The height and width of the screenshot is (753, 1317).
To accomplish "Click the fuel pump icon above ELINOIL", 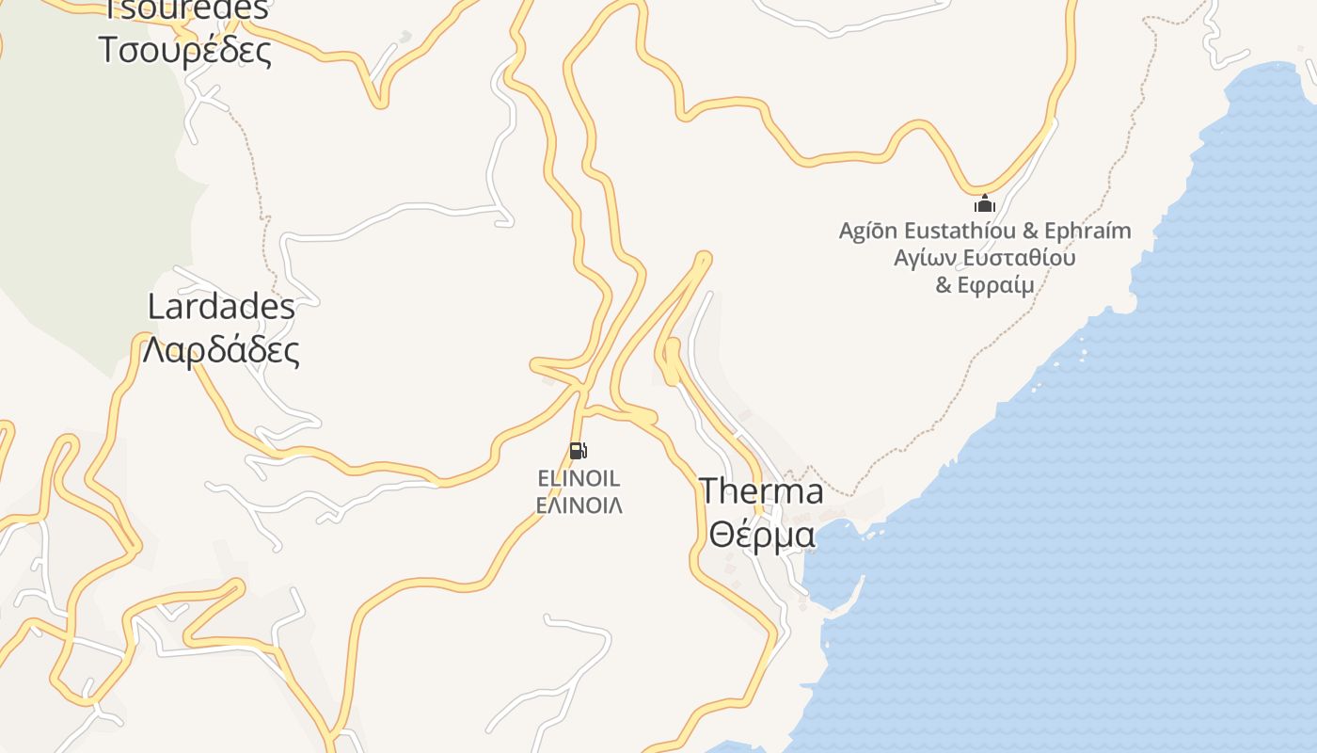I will [579, 451].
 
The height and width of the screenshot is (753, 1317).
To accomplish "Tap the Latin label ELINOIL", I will [579, 478].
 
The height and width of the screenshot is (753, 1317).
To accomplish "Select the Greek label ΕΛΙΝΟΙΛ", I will [579, 505].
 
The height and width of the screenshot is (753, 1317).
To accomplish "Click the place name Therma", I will [761, 490].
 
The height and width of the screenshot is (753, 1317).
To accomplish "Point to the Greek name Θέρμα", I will [762, 535].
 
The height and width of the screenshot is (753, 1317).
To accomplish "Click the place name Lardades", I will [221, 306].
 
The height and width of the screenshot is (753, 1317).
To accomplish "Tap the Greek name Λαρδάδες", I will [221, 350].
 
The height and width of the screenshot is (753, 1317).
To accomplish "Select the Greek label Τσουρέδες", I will [185, 50].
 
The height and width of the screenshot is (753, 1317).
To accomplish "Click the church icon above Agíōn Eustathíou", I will [984, 202].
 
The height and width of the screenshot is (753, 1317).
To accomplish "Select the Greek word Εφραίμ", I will [995, 285].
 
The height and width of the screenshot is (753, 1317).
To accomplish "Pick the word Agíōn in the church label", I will [867, 231].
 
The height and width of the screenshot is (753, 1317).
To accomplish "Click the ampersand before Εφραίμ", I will [944, 285].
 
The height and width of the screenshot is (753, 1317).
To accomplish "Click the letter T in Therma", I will [710, 490].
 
